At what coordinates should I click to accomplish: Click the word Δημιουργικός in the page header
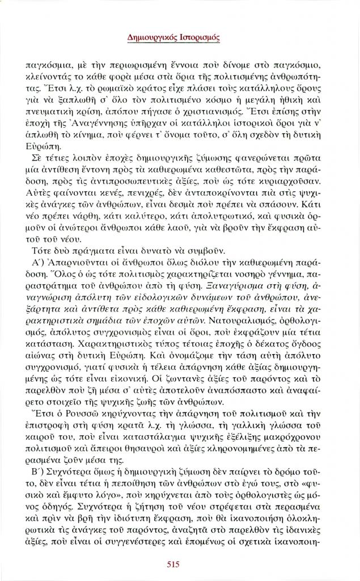pyautogui.click(x=151, y=39)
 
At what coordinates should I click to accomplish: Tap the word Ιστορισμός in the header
pyautogui.click(x=198, y=39)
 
